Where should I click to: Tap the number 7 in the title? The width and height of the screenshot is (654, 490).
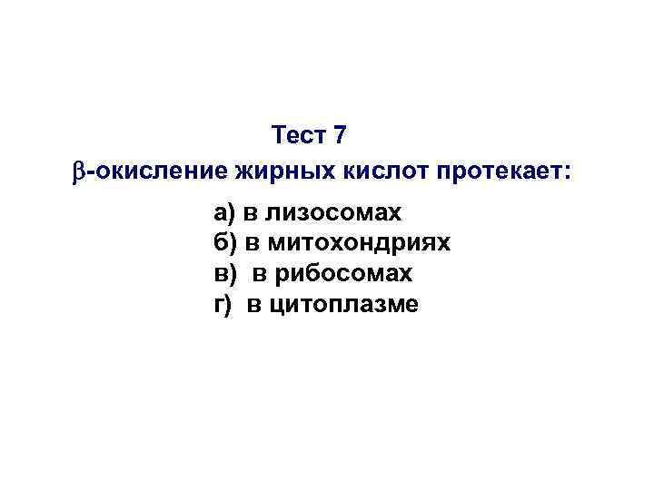coord(340,136)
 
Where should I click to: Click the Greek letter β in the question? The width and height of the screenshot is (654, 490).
coord(77,171)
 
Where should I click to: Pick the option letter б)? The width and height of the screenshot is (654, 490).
coord(223,243)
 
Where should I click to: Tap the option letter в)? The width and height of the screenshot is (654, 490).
coord(223,273)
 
